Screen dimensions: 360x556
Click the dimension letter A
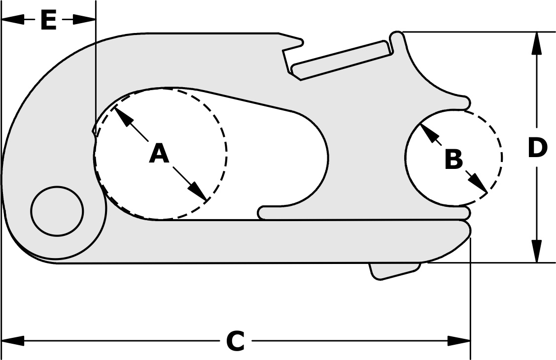point(159,154)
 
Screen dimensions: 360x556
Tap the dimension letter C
point(236,341)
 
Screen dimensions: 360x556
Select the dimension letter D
point(537,148)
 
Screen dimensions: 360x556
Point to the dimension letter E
point(48,21)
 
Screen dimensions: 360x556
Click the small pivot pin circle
point(57,211)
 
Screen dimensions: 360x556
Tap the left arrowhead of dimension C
point(13,340)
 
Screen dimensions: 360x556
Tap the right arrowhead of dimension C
point(459,340)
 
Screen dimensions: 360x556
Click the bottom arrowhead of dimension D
point(537,251)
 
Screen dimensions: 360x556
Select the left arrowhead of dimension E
point(12,19)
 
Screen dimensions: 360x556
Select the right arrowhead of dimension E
point(84,19)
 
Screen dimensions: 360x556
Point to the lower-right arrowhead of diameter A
point(199,192)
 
